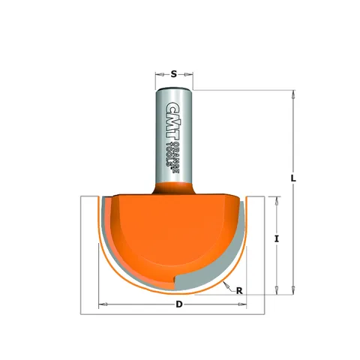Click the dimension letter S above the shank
pos(174,74)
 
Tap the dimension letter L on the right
pos(293,178)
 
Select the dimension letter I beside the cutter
pos(276,238)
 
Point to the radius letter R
pos(239,291)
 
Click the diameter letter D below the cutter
pos(178,304)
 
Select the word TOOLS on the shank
pos(170,155)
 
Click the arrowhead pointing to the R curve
pos(226,285)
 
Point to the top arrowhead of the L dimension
pos(293,94)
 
